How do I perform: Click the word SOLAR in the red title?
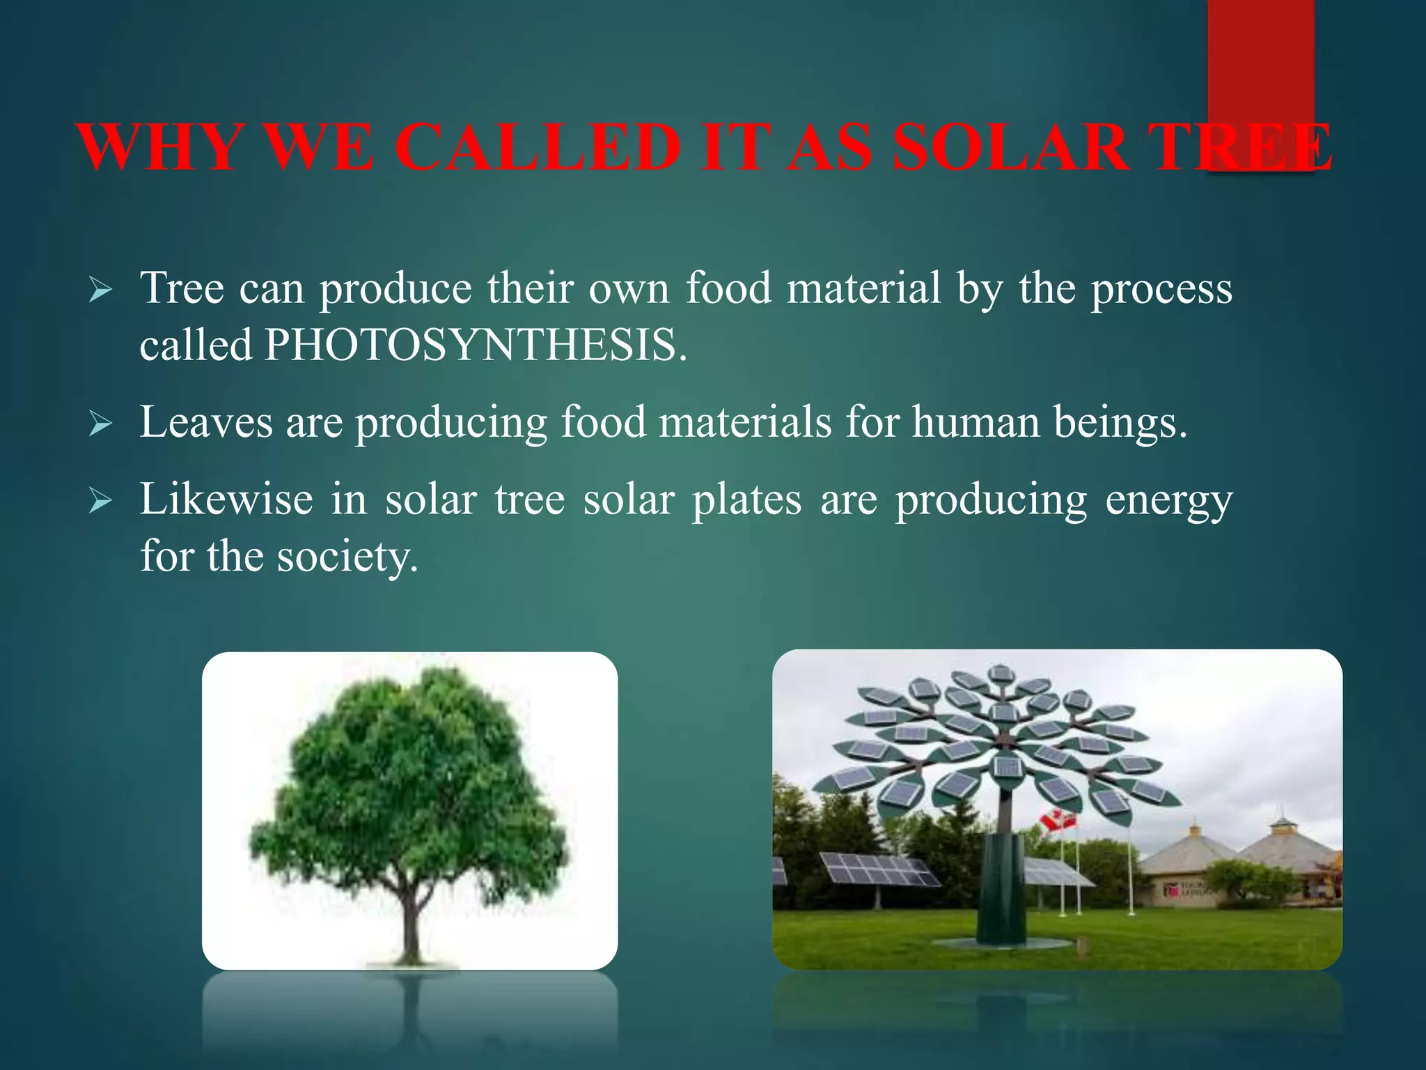click(1010, 148)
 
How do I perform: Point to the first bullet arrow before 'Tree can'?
click(100, 289)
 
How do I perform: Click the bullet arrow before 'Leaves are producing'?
click(100, 423)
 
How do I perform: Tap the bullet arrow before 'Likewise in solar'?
click(100, 500)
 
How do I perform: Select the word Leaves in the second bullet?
click(206, 422)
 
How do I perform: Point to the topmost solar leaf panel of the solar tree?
click(1001, 674)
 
